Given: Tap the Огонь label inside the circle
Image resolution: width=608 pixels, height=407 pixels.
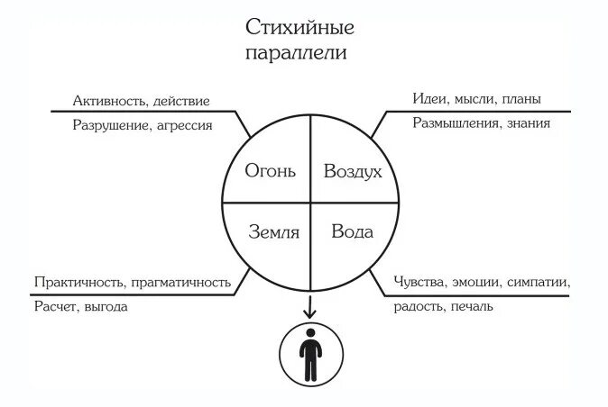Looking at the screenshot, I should [270, 170].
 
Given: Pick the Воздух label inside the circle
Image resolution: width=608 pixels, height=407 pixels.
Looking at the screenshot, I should [353, 170].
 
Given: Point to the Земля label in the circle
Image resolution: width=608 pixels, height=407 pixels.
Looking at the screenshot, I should [273, 231].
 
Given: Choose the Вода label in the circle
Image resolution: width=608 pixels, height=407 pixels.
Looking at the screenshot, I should [352, 231].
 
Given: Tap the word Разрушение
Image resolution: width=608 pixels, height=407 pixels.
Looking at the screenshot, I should [109, 126].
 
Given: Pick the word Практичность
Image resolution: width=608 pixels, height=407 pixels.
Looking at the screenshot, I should [78, 282].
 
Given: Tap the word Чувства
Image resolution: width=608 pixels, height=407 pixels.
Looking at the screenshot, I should [421, 282].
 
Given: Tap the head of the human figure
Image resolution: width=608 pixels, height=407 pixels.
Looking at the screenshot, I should [309, 334].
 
